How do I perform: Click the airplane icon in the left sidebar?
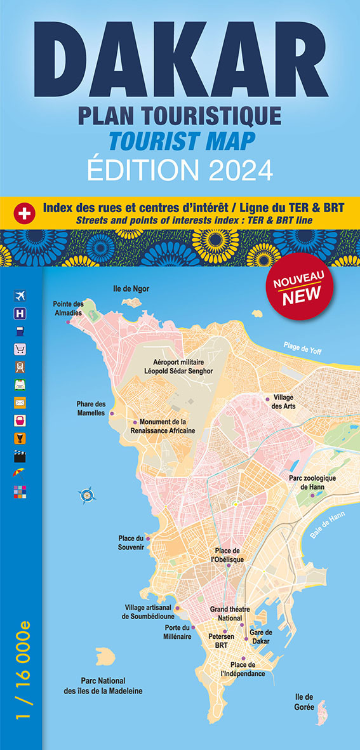19,295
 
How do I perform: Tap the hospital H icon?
19,313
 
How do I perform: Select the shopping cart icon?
19,349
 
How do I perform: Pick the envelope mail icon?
19,403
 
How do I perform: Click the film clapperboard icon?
19,456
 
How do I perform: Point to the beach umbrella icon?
19,473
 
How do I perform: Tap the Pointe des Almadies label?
68,308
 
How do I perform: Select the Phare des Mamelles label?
91,408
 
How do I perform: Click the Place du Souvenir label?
131,542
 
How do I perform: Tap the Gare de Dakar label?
260,636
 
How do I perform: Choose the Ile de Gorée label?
304,701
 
